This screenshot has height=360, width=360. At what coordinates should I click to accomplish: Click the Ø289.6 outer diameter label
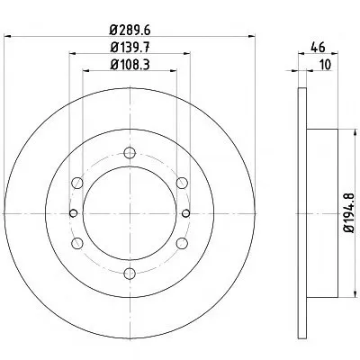tap(130, 30)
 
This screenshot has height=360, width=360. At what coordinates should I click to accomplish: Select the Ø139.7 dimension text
tap(130, 48)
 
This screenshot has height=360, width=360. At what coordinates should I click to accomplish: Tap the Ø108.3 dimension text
tap(130, 65)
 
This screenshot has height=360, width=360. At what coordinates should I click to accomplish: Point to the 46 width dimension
tap(318, 48)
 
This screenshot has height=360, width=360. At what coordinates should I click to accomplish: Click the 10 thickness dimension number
tap(325, 65)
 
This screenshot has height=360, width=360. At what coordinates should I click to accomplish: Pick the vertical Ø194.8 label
tap(349, 213)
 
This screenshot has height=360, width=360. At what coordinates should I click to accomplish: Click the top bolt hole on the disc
tap(130, 153)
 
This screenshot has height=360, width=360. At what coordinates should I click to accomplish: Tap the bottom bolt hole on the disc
tap(130, 274)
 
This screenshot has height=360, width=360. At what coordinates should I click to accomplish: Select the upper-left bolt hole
tap(77, 183)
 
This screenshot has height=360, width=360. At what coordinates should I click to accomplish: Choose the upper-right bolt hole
tap(182, 183)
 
